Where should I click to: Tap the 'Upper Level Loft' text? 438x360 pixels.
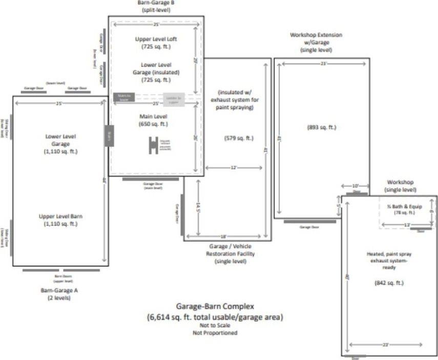tap(156, 38)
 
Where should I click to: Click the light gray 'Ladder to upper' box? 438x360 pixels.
tap(174, 97)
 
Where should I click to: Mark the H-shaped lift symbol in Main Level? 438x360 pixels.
tap(152, 145)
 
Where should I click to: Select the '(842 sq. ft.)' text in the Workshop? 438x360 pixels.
tap(389, 282)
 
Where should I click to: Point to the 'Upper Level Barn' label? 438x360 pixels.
tap(60, 216)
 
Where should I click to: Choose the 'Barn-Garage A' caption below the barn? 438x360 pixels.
tap(59, 290)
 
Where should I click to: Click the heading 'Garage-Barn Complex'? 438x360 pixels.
tap(215, 307)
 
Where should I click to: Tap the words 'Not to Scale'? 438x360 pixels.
tap(215, 326)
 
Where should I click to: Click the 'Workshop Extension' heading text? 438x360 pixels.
tap(316, 35)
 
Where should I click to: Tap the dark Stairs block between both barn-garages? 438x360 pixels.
tap(109, 135)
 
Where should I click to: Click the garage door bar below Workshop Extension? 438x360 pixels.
tap(310, 222)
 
